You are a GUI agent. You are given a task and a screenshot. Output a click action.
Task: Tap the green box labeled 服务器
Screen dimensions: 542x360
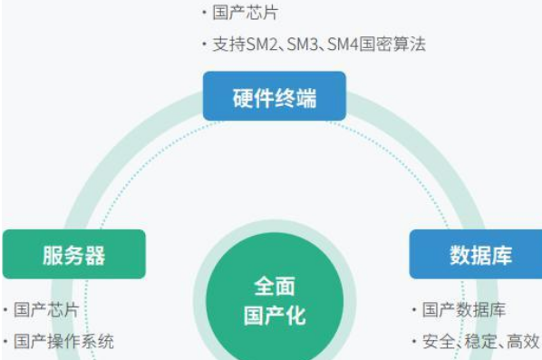(x=73, y=255)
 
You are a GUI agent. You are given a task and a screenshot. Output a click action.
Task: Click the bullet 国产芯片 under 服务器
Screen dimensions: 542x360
(x=45, y=310)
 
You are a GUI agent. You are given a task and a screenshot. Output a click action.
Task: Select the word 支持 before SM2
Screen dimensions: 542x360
(x=229, y=44)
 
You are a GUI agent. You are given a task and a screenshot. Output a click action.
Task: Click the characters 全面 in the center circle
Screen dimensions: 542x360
(x=274, y=287)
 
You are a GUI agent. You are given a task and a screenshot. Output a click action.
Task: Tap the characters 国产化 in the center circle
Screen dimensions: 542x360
(x=274, y=316)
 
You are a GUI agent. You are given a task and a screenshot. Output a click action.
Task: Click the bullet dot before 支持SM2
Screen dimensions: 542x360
(x=204, y=44)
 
